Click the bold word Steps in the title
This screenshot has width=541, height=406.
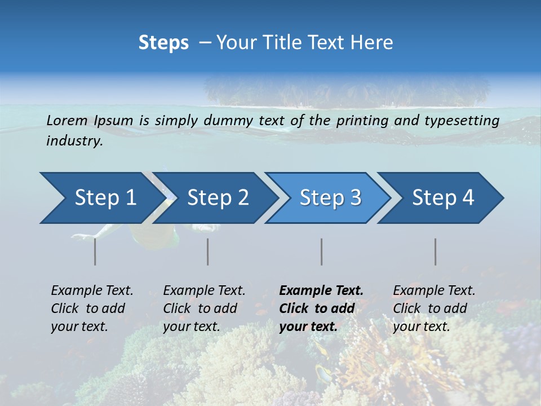(163, 43)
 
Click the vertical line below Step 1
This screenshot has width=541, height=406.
(95, 251)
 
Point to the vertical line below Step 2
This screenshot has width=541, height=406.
(207, 251)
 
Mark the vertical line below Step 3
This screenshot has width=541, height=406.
(321, 251)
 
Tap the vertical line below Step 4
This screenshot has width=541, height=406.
(435, 251)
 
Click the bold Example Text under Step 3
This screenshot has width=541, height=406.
(321, 308)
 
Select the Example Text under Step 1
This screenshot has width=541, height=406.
(92, 308)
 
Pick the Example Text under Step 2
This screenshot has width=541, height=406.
(204, 308)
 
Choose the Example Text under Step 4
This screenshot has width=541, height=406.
(434, 308)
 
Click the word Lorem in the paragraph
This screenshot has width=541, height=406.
(67, 120)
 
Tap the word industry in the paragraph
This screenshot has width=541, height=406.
(74, 141)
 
